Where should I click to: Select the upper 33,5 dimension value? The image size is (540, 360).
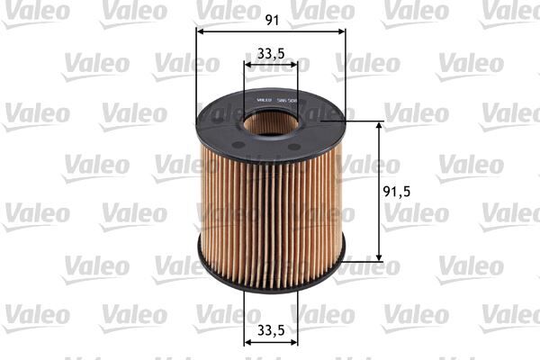point(271,53)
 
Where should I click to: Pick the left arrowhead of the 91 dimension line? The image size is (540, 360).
point(201,31)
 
